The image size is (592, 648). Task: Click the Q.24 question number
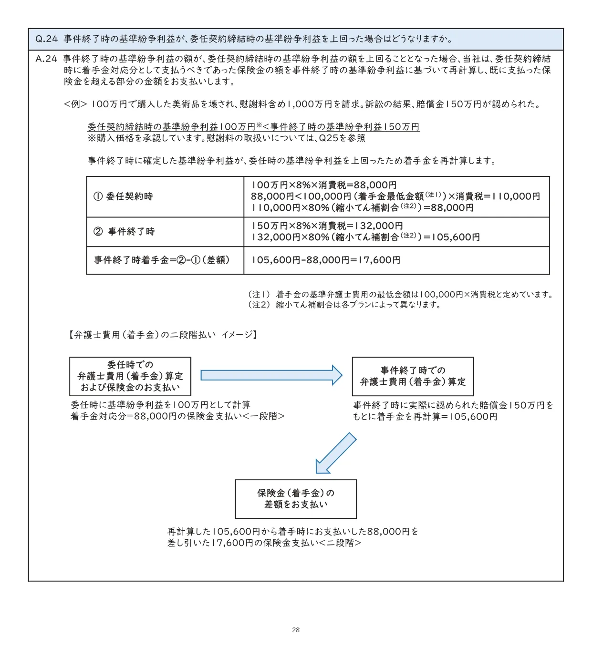(46, 39)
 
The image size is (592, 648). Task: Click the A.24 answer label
(46, 59)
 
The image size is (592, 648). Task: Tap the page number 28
(296, 630)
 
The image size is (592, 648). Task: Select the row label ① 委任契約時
(123, 196)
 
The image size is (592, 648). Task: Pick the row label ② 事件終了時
(124, 232)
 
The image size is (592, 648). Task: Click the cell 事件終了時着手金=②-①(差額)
(162, 260)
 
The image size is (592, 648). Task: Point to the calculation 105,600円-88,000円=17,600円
(326, 260)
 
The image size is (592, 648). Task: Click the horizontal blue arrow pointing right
(271, 375)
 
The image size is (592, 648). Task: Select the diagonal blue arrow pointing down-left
(336, 453)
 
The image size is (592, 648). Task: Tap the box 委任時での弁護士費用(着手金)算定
(130, 376)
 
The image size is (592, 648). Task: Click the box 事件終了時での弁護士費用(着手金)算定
(413, 376)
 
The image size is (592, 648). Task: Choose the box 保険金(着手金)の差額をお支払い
(296, 499)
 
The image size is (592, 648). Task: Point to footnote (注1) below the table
(259, 295)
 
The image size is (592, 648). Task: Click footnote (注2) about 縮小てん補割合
(259, 305)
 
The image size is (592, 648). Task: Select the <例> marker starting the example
(75, 104)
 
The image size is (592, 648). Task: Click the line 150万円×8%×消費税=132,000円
(327, 226)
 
